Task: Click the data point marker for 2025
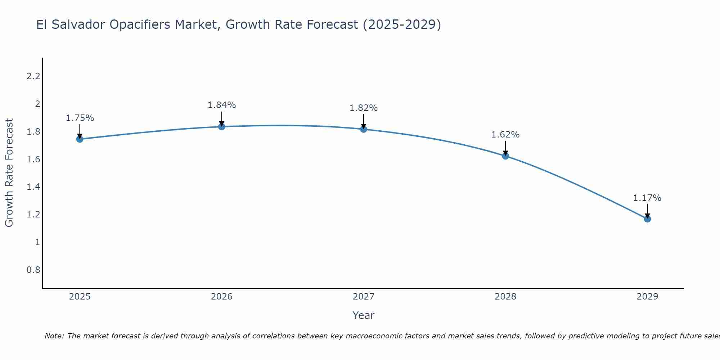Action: pyautogui.click(x=80, y=139)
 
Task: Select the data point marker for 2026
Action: pyautogui.click(x=222, y=126)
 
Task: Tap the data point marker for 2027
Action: pyautogui.click(x=364, y=129)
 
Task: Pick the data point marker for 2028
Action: pyautogui.click(x=505, y=156)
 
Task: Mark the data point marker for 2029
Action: pyautogui.click(x=647, y=219)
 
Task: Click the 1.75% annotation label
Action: pyautogui.click(x=80, y=118)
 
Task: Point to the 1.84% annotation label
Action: pyautogui.click(x=222, y=105)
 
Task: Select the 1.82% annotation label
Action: pyautogui.click(x=364, y=108)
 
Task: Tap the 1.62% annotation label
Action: pyautogui.click(x=505, y=135)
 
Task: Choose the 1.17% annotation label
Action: pyautogui.click(x=647, y=198)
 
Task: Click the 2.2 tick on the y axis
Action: pyautogui.click(x=33, y=76)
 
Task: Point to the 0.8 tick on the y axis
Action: pyautogui.click(x=33, y=270)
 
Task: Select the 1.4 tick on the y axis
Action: pyautogui.click(x=33, y=187)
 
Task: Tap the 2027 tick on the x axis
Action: pyautogui.click(x=364, y=297)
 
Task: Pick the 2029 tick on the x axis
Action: pyautogui.click(x=647, y=297)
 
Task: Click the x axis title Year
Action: pyautogui.click(x=364, y=315)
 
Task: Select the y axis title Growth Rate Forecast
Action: pyautogui.click(x=9, y=173)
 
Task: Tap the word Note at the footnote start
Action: pyautogui.click(x=54, y=336)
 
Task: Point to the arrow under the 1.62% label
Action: pyautogui.click(x=505, y=148)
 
